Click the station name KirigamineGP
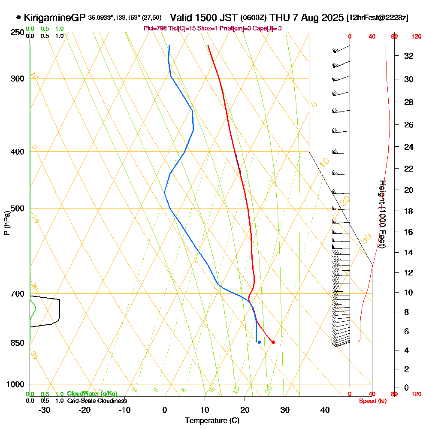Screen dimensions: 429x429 click(55, 18)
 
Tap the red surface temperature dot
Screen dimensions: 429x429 click(273, 342)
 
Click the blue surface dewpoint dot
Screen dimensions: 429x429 click(259, 342)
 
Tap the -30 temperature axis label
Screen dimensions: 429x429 click(45, 410)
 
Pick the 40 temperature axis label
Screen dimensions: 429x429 click(325, 410)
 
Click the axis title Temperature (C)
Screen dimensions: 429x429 click(212, 421)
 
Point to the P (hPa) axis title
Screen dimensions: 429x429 click(6, 223)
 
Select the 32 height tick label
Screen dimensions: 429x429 click(409, 56)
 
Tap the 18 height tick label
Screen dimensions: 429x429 click(409, 211)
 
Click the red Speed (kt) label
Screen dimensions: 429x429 click(372, 401)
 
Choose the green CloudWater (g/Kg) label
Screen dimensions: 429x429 click(92, 394)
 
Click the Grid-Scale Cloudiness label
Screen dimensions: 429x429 click(97, 401)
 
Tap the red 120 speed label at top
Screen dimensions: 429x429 click(416, 37)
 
